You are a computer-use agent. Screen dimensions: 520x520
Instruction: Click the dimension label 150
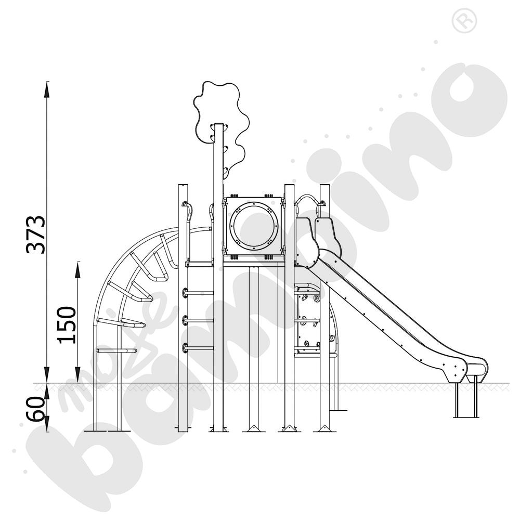coord(67,325)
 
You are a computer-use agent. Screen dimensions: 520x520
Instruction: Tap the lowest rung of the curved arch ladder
coord(116,350)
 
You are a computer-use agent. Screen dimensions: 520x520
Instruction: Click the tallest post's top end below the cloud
coord(219,126)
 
